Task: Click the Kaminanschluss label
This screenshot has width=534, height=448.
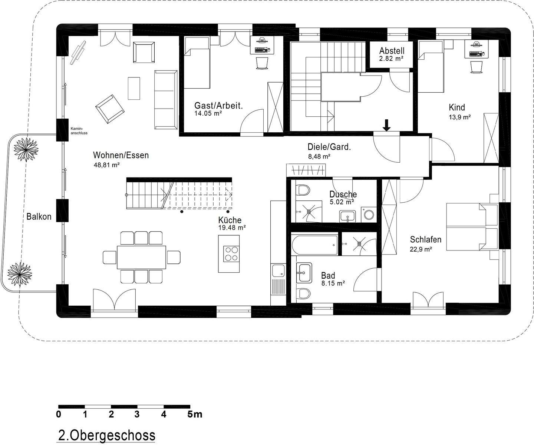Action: [x=79, y=131]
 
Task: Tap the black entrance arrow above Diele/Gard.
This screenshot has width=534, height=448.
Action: [x=387, y=125]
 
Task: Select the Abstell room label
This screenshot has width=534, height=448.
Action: [x=392, y=51]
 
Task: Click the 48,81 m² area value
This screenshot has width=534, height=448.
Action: [x=107, y=165]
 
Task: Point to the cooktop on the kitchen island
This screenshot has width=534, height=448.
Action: [x=231, y=253]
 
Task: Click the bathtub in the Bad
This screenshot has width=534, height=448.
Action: [x=315, y=245]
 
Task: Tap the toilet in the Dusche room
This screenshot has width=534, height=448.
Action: [x=303, y=190]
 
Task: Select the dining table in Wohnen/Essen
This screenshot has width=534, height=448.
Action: [x=141, y=257]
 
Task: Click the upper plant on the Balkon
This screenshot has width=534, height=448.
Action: [x=26, y=149]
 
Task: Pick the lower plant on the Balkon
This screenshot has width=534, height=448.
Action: [x=20, y=275]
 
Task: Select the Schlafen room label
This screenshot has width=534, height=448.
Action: [x=426, y=239]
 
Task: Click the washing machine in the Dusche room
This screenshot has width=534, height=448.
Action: [x=369, y=215]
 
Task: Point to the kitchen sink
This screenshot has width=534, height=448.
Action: [x=278, y=271]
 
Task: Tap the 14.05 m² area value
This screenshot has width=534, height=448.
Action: [x=208, y=113]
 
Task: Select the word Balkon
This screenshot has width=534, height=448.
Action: [x=39, y=216]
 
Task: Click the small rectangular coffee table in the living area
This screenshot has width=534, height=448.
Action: [x=134, y=89]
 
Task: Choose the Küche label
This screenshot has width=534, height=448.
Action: [x=230, y=220]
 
